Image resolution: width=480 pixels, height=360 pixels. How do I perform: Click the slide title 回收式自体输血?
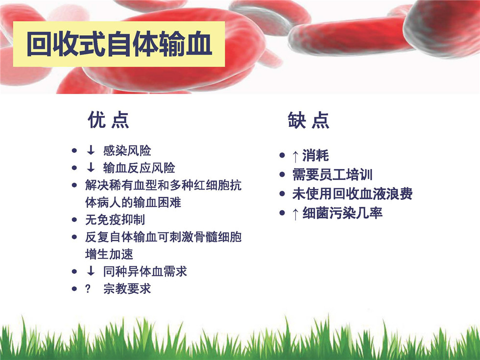(x=120, y=44)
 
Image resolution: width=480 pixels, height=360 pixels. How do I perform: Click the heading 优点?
(x=108, y=120)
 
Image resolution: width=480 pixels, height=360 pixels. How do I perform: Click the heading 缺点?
(x=309, y=120)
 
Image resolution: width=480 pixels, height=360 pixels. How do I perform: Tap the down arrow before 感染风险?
(x=91, y=150)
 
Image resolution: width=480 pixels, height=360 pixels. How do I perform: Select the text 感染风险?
(x=127, y=151)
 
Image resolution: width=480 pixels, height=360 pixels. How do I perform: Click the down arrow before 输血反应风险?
(x=91, y=167)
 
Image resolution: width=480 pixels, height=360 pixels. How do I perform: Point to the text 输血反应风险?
(x=139, y=168)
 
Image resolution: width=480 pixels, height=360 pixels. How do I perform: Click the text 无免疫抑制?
(x=115, y=219)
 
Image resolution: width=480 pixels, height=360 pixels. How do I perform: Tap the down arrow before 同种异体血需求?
(x=91, y=270)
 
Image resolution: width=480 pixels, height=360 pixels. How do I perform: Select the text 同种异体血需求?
(x=145, y=271)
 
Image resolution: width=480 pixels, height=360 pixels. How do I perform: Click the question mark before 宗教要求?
(x=88, y=288)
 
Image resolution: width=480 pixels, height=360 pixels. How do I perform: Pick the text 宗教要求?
(x=127, y=288)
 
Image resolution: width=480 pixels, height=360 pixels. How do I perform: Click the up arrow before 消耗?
(x=295, y=156)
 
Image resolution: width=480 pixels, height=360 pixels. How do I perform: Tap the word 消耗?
(x=315, y=155)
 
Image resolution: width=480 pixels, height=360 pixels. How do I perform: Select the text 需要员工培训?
(x=333, y=174)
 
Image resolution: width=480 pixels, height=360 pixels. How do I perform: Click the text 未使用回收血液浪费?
(x=352, y=194)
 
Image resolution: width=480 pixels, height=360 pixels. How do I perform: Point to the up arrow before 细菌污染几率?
(x=295, y=214)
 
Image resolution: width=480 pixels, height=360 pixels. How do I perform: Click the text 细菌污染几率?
(x=342, y=213)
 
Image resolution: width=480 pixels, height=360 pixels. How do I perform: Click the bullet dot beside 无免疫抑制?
(x=74, y=219)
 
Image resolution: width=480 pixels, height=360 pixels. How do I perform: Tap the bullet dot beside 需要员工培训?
(x=282, y=174)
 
